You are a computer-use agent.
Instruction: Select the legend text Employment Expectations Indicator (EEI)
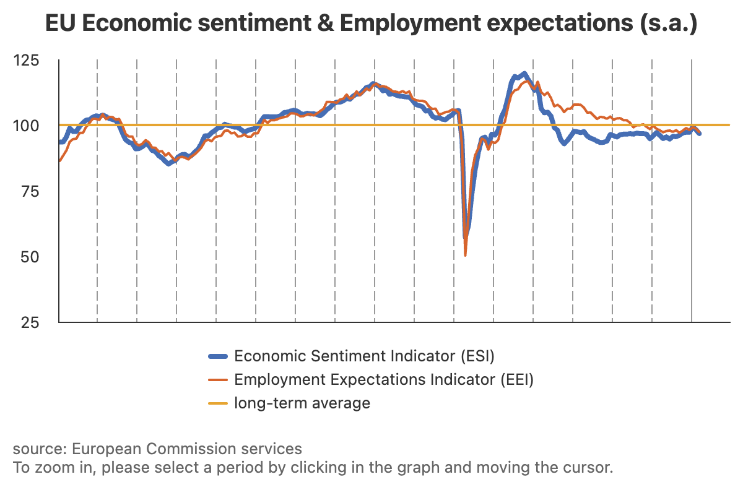coord(383,379)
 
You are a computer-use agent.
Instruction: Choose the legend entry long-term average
coord(302,403)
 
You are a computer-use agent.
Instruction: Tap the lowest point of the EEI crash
coord(465,255)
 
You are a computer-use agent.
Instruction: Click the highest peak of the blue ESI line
coord(524,74)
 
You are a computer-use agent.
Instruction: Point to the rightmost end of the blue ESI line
coord(700,134)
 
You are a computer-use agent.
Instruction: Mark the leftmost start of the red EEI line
coord(59,161)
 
